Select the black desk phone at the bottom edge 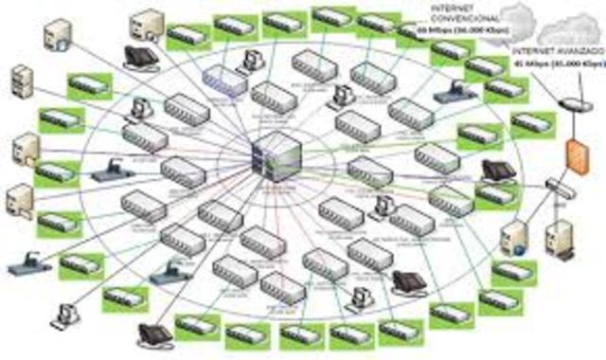(x=154, y=335)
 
